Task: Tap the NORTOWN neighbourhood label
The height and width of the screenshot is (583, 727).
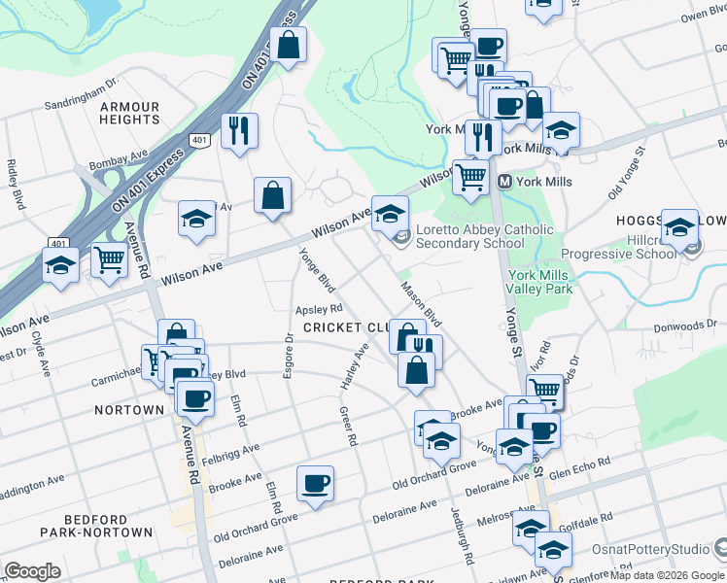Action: click(x=129, y=410)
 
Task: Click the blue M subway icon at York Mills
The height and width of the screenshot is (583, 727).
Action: click(x=504, y=182)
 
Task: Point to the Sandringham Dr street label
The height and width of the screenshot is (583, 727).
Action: click(x=82, y=93)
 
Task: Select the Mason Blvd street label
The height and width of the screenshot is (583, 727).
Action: click(x=422, y=305)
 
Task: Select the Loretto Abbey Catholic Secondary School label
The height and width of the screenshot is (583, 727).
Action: click(x=484, y=236)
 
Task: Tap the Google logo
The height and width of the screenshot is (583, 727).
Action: click(x=32, y=571)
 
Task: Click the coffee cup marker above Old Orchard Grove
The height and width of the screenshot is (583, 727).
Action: click(x=315, y=483)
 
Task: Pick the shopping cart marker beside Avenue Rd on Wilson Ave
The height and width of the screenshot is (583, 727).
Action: click(x=109, y=259)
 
